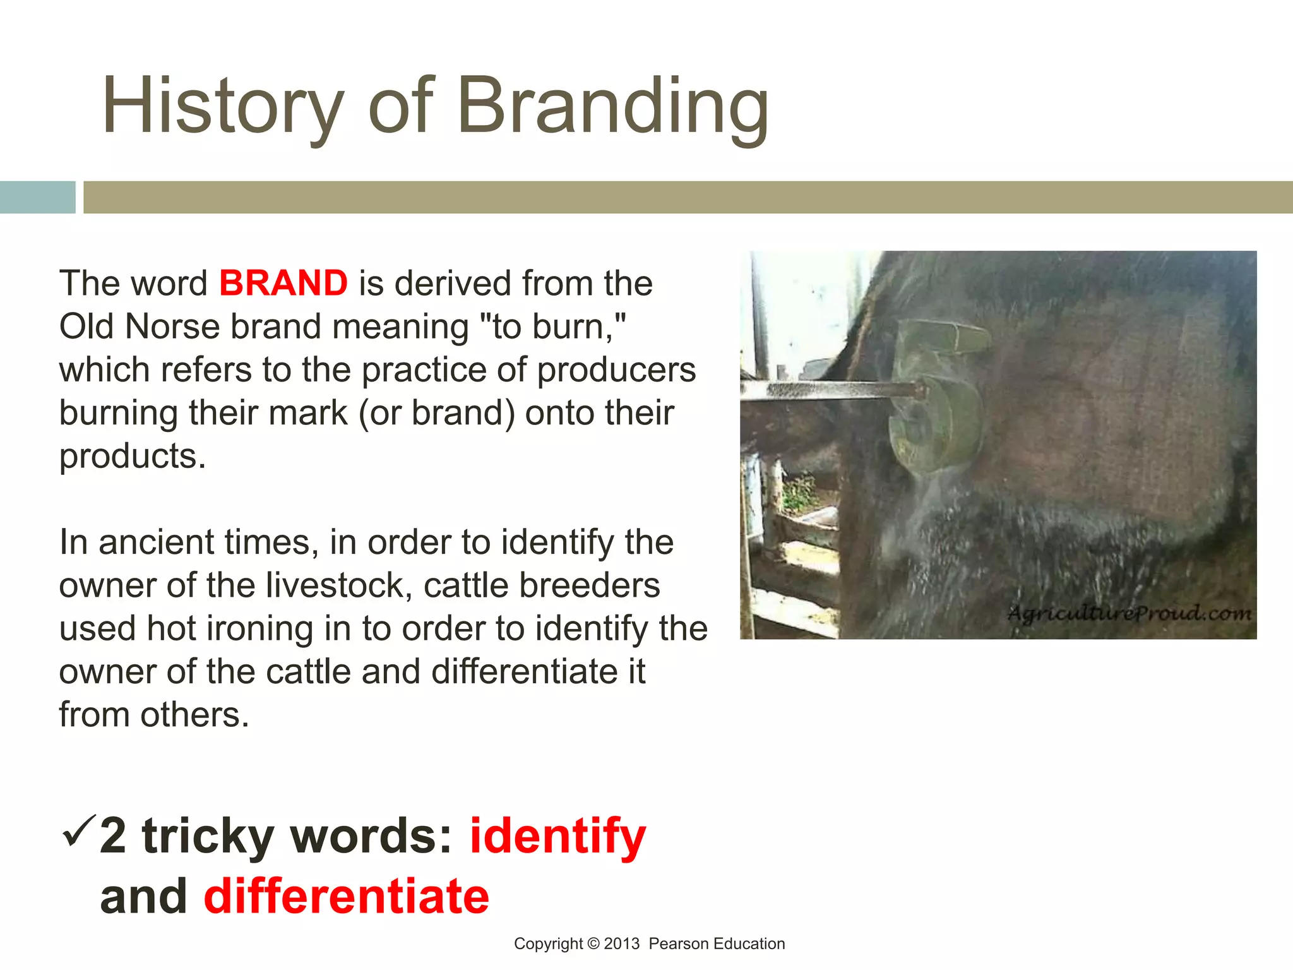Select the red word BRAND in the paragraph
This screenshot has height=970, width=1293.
pos(283,283)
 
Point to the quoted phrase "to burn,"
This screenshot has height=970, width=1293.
pos(554,326)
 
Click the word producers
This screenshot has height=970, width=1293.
pos(616,370)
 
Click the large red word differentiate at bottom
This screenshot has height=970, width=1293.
pos(346,897)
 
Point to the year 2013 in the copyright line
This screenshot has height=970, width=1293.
pos(621,944)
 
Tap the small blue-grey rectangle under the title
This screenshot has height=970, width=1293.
pos(37,197)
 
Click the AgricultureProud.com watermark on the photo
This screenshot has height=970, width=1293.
pos(1129,613)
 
